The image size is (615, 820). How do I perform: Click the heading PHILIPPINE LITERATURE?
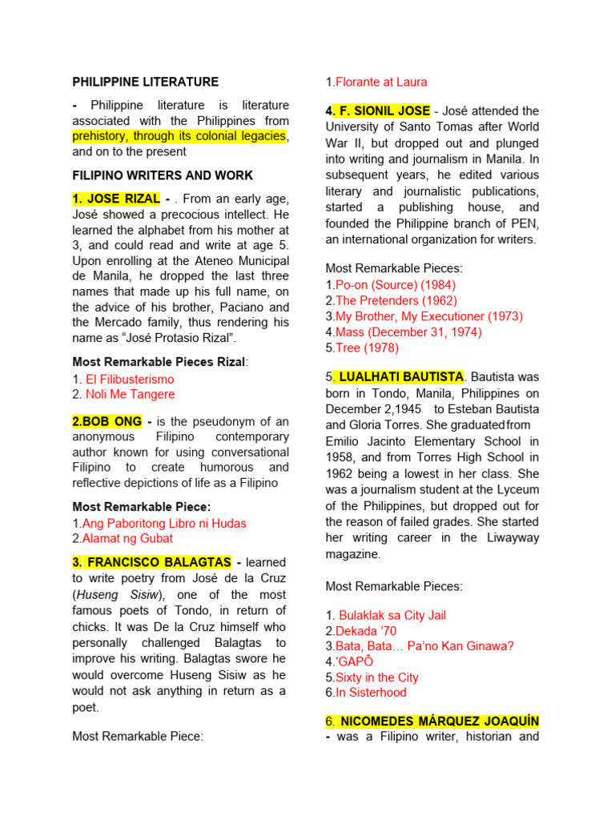[x=145, y=82]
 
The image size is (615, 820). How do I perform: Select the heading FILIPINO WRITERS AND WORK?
[x=163, y=175]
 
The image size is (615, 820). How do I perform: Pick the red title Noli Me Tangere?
[x=130, y=394]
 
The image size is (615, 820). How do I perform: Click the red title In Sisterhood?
[x=371, y=692]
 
